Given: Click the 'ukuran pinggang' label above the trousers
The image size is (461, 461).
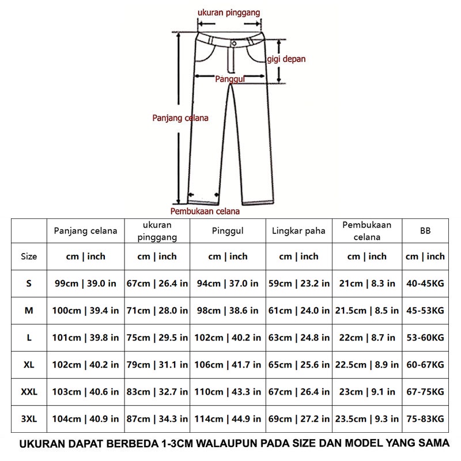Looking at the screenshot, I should pos(229,12).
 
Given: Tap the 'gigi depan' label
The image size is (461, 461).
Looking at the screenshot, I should pos(286,59).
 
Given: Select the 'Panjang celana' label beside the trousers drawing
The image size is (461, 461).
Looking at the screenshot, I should pos(180,118).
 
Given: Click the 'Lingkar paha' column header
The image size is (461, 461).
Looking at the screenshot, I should pos(298,231).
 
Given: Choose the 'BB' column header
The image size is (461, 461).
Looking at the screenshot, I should pos(425,231).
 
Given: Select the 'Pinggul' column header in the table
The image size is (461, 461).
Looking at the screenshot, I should pos(228,231).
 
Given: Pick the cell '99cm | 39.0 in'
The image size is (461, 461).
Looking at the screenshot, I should pos(86,284).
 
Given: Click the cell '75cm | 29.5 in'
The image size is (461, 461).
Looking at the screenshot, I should pos(157,338).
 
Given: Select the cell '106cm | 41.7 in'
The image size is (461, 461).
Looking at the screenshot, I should pos(228,365).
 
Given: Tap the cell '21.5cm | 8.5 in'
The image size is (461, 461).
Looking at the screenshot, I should pos(367,311).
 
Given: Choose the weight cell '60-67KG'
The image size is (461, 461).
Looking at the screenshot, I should pos(425,365).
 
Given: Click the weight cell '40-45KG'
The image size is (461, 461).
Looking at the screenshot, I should pos(425,284).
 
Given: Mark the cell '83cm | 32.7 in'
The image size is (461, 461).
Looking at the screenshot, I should pos(157,392).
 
